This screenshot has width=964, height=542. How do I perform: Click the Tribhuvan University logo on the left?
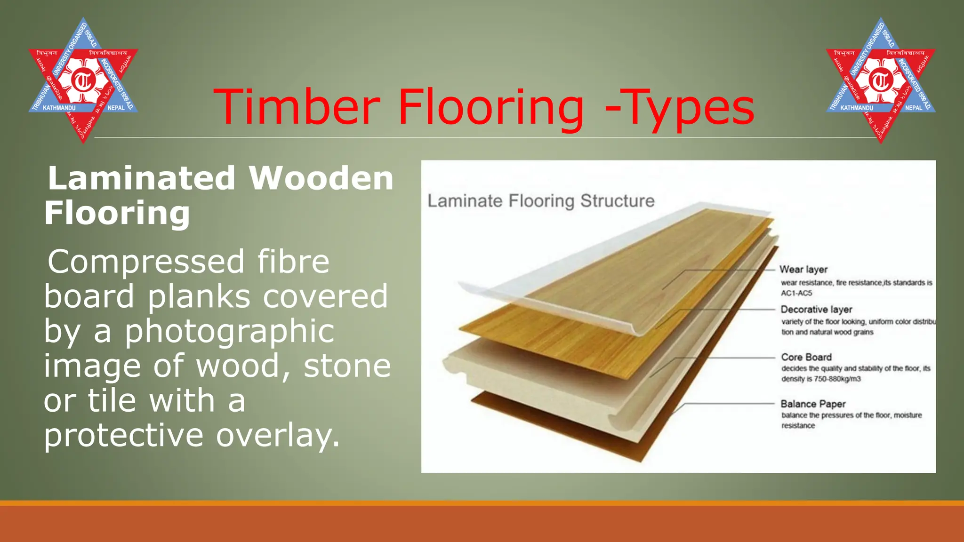click(x=83, y=80)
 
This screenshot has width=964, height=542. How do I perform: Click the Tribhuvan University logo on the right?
click(x=881, y=80)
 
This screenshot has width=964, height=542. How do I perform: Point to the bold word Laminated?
click(x=141, y=178)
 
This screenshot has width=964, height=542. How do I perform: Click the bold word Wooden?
click(x=321, y=178)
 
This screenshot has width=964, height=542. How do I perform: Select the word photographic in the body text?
click(x=229, y=331)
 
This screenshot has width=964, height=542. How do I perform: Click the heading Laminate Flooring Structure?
click(x=541, y=201)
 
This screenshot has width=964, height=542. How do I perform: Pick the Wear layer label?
click(x=803, y=270)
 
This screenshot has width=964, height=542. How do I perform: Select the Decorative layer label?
click(x=816, y=310)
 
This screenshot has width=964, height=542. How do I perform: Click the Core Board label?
click(x=806, y=357)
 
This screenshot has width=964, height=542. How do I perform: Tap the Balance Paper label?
click(x=813, y=404)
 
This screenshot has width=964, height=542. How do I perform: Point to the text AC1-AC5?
click(x=796, y=293)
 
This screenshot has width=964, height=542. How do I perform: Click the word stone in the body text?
click(x=347, y=366)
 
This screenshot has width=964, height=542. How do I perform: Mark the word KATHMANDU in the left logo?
click(x=59, y=108)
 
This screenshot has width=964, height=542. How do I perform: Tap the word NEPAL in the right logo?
click(x=913, y=108)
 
